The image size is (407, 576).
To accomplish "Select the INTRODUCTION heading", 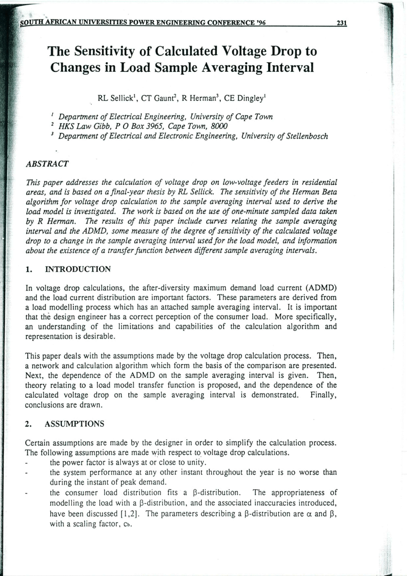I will (78, 269).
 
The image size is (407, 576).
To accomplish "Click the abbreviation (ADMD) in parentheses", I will (321, 288).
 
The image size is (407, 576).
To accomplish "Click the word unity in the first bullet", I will (193, 463).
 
